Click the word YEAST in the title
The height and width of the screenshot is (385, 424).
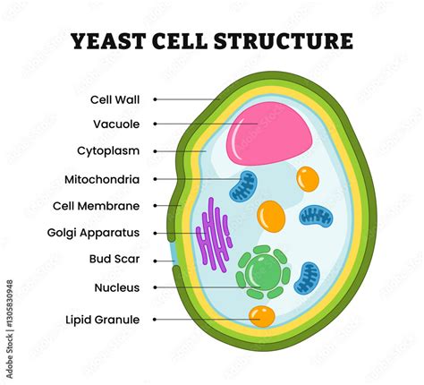[106, 41]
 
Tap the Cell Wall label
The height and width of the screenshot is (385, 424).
[114, 99]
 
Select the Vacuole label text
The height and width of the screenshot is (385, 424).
[115, 124]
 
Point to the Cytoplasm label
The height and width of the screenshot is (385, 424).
[107, 151]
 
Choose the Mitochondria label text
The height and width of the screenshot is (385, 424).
[101, 179]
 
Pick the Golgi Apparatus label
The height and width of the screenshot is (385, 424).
[94, 233]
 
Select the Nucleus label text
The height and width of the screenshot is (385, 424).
[116, 287]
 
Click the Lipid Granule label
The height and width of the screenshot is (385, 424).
[103, 319]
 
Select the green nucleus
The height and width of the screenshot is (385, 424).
[263, 270]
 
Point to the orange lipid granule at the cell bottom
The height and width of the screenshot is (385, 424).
[262, 315]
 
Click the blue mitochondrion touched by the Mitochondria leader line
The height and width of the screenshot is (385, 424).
[242, 185]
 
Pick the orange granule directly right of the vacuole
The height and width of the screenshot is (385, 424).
[308, 178]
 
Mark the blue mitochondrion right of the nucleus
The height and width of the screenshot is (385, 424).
[307, 278]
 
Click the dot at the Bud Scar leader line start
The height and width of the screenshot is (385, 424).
[156, 261]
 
